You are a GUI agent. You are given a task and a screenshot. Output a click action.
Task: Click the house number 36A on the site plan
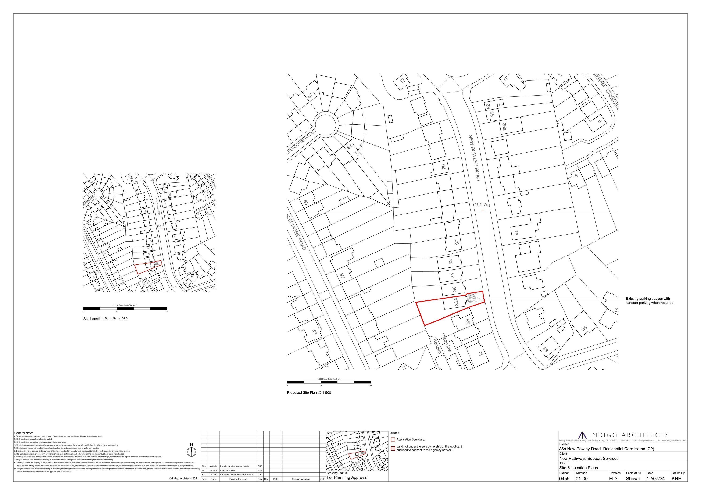pyautogui.click(x=456, y=302)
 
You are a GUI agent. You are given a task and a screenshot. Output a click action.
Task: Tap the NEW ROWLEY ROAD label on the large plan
pyautogui.click(x=474, y=157)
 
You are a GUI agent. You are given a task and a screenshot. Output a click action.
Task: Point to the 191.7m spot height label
pyautogui.click(x=482, y=205)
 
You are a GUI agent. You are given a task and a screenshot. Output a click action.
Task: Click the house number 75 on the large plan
pyautogui.click(x=516, y=232)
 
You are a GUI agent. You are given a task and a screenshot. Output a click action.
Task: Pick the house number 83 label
pyautogui.click(x=545, y=349)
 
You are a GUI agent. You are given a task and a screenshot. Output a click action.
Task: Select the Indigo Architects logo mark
pyautogui.click(x=583, y=435)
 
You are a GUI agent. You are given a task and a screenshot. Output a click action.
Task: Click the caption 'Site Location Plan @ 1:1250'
pyautogui.click(x=105, y=319)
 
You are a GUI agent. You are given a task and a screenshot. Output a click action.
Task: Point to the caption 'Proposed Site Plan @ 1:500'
pyautogui.click(x=309, y=392)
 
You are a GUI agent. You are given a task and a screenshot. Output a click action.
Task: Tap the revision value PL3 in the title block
pyautogui.click(x=613, y=478)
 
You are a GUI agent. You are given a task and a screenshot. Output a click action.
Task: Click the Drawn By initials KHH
pyautogui.click(x=676, y=478)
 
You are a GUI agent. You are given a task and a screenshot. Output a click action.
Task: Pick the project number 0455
pyautogui.click(x=564, y=478)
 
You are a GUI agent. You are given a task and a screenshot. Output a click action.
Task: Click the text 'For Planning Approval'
pyautogui.click(x=347, y=477)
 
